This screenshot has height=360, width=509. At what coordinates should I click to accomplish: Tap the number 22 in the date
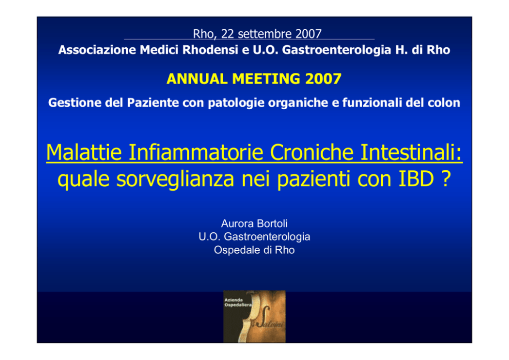coord(227,34)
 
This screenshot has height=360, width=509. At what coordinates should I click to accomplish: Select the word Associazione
coord(97,50)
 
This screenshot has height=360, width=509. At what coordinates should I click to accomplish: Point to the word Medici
coord(159,50)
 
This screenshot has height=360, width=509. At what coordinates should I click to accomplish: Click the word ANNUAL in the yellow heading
coord(197,79)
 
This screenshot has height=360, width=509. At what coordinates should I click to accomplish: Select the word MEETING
coord(266,79)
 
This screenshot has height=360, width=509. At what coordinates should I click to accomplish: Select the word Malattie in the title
coord(84,152)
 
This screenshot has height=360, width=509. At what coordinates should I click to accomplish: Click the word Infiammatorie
coord(195,152)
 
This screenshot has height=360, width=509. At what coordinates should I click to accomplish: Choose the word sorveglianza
coord(175,179)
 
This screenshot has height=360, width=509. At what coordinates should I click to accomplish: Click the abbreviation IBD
coord(416,178)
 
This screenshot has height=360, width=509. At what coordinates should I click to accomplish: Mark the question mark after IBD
coord(446,178)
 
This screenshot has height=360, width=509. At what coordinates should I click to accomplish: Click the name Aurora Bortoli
coord(254,224)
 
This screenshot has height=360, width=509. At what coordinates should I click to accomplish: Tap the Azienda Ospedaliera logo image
coord(254,316)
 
